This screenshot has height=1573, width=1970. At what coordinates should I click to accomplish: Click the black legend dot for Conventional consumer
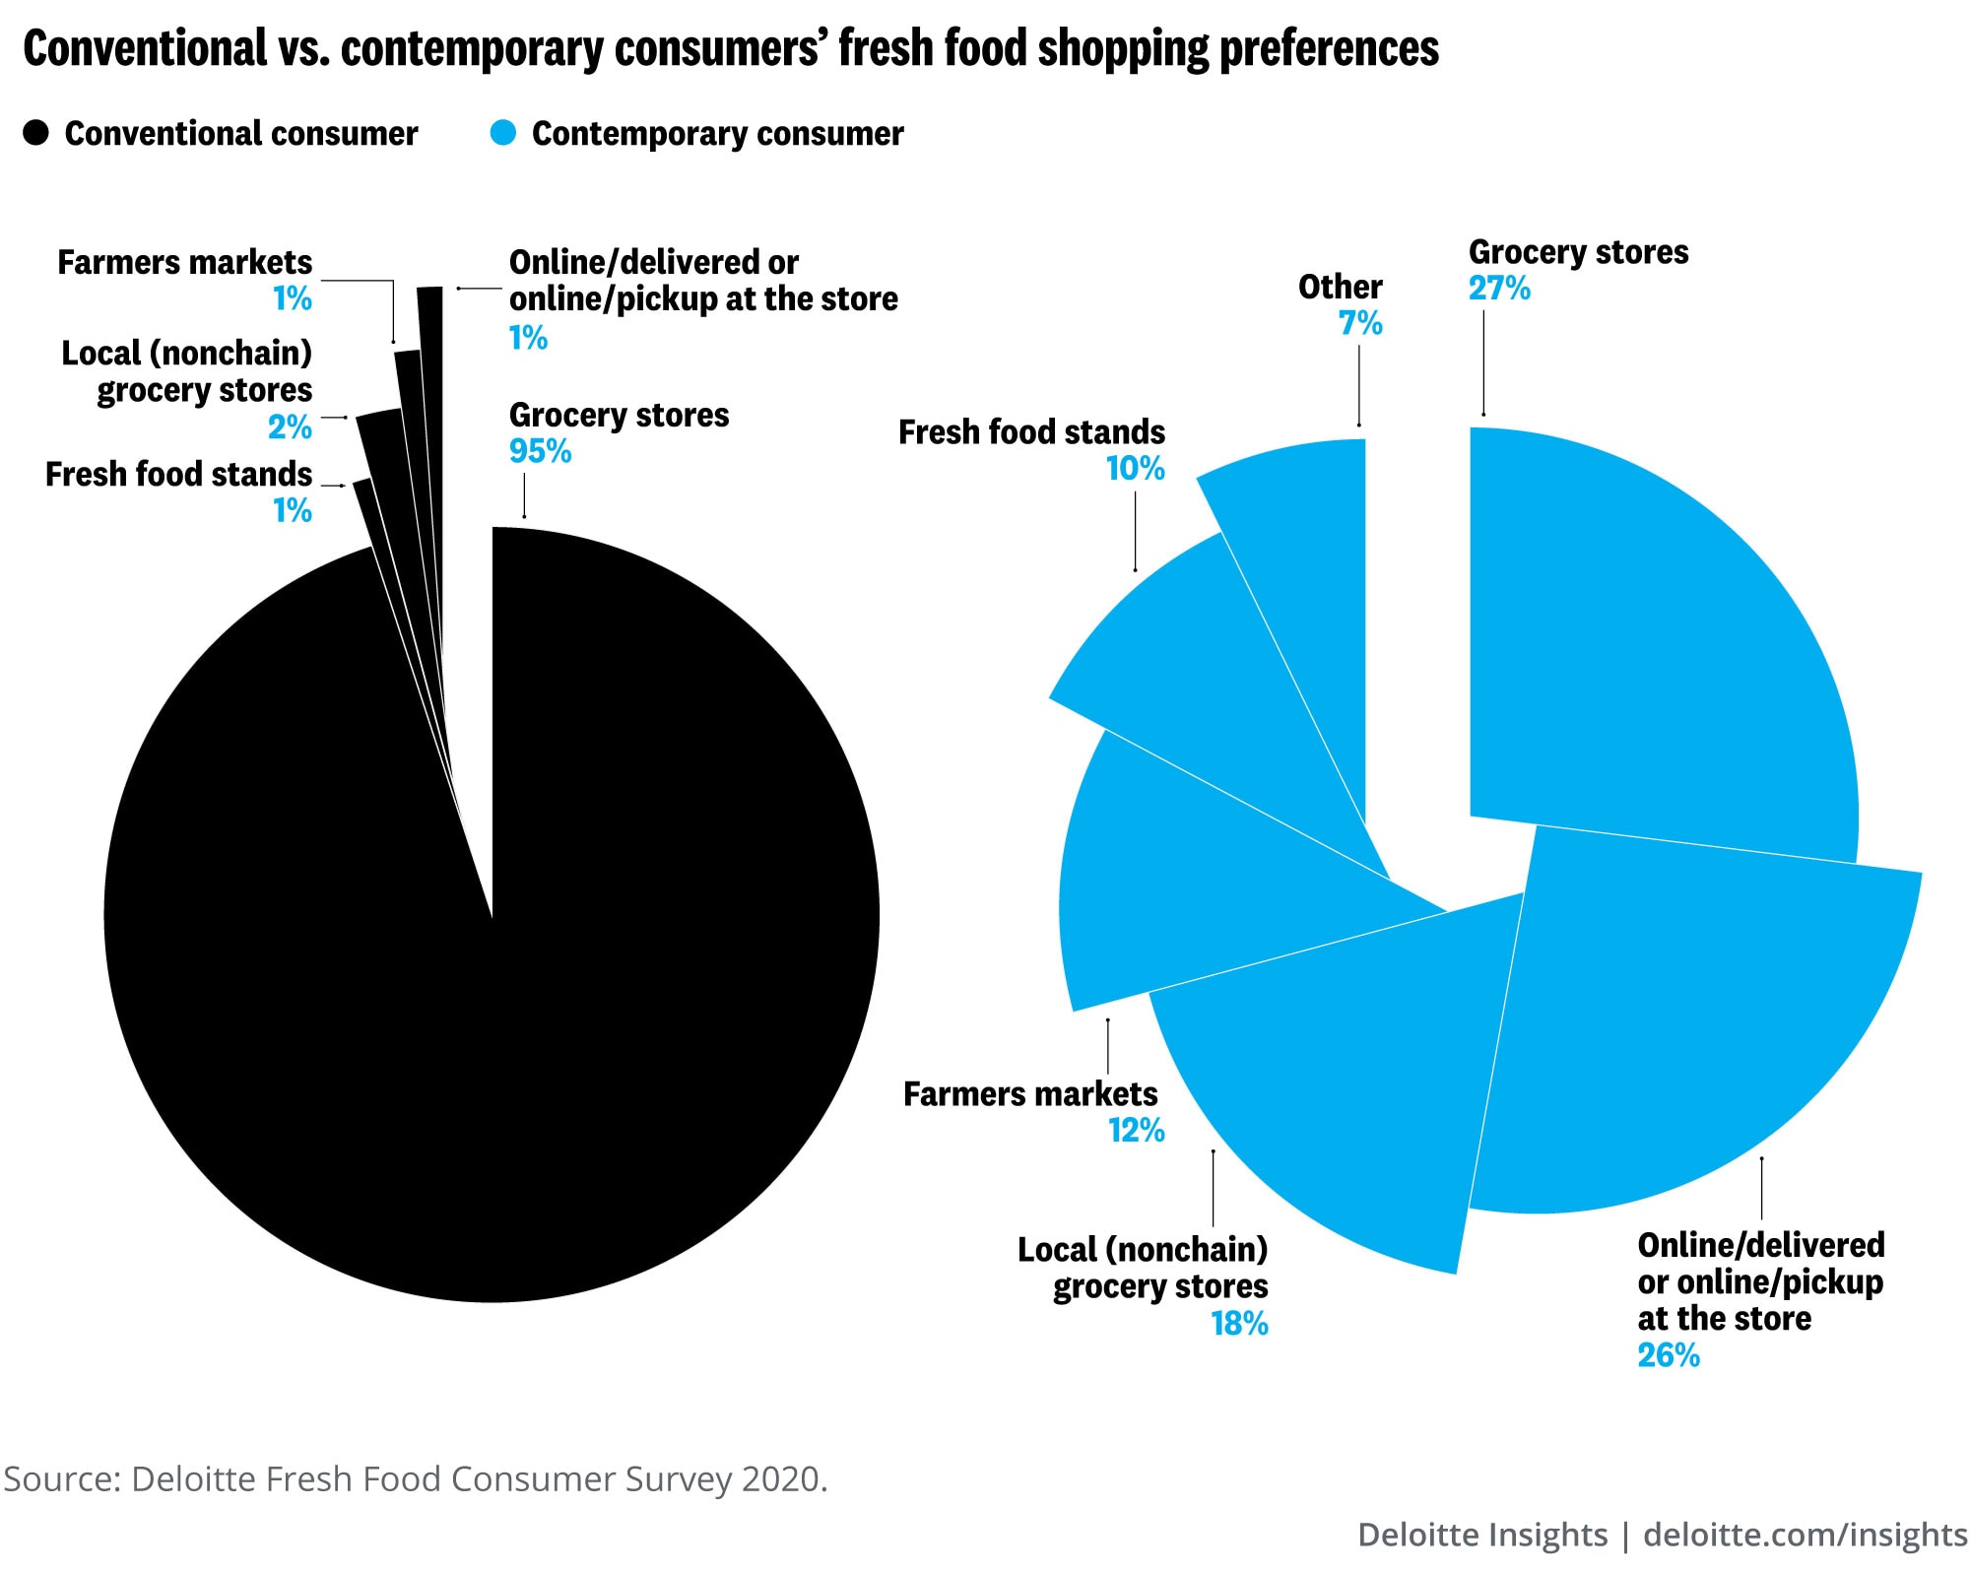36,133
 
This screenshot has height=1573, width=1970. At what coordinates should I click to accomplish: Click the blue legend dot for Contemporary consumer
503,133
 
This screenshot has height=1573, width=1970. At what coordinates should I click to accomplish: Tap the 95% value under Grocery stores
540,451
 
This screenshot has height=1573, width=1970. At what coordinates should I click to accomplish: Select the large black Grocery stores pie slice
492,985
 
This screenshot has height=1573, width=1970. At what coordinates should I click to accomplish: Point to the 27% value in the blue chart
1499,289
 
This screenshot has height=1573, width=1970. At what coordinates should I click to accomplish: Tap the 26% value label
1669,1355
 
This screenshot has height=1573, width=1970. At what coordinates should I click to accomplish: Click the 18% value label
1239,1324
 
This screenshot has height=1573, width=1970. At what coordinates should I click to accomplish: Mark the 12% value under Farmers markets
1137,1130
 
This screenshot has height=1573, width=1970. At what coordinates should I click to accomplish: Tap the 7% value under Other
1360,323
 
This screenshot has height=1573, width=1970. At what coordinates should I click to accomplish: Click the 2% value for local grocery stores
290,427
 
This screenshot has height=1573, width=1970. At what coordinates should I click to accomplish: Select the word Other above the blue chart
1340,287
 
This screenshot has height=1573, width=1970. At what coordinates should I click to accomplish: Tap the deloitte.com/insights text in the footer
1805,1535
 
